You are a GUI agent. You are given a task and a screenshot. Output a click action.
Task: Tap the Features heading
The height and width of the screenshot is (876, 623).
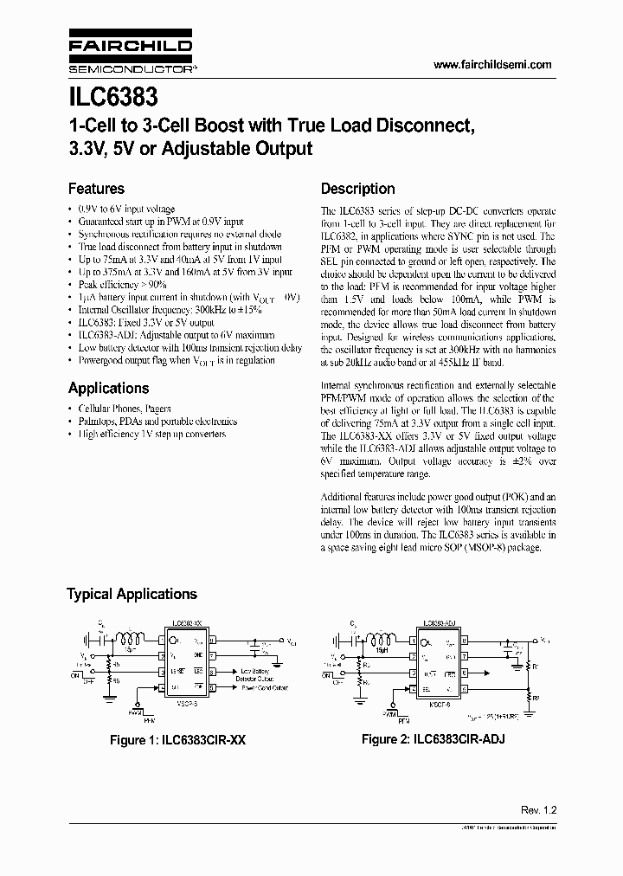click(96, 189)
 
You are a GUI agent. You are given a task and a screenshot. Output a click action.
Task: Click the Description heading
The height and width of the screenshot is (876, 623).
click(357, 189)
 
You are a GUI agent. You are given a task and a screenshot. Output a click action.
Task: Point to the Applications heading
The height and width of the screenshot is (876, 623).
click(108, 388)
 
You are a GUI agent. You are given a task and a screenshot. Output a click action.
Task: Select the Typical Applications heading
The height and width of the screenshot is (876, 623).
click(132, 594)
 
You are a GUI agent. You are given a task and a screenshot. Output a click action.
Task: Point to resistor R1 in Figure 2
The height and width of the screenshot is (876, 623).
click(529, 667)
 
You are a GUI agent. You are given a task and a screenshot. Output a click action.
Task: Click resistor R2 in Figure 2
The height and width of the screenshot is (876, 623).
click(529, 698)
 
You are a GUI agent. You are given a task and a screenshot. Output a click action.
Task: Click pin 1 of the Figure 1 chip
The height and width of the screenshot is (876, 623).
click(161, 642)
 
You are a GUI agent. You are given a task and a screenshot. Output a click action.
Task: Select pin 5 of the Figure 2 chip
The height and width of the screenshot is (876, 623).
click(465, 689)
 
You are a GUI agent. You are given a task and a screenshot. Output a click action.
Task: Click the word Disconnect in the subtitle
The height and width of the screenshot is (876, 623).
click(415, 125)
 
